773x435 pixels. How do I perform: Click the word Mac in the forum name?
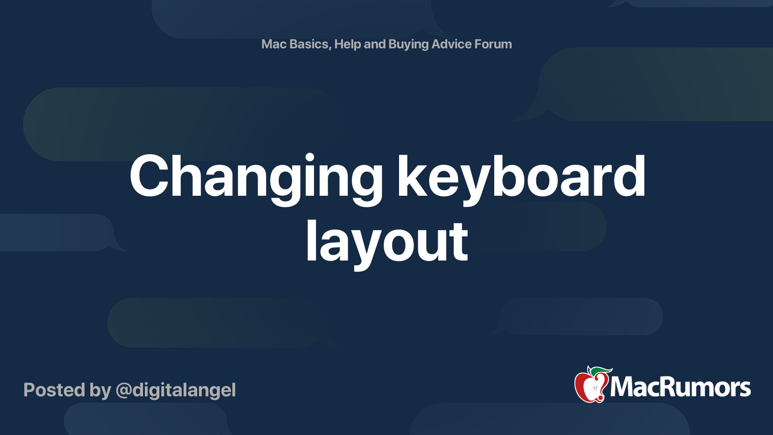coord(274,44)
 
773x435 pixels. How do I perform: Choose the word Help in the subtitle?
coord(347,44)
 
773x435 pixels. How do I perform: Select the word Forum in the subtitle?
coord(493,44)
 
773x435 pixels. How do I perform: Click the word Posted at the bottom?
coord(54,390)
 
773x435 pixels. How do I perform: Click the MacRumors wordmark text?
coord(680,387)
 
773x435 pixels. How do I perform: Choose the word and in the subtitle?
coord(374,44)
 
